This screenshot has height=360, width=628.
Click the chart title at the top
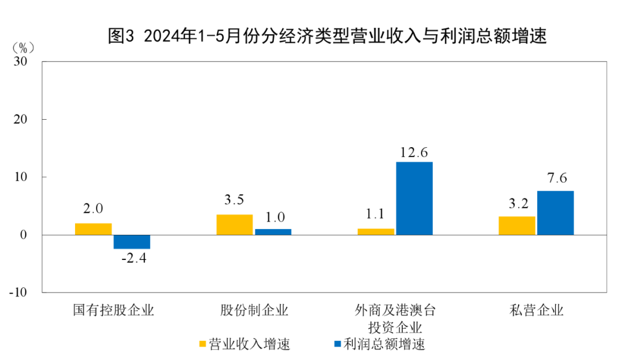pyautogui.click(x=328, y=37)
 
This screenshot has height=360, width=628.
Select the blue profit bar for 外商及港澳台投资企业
pyautogui.click(x=414, y=198)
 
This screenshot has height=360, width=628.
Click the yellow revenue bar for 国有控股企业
pyautogui.click(x=93, y=229)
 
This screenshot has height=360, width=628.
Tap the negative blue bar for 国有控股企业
pyautogui.click(x=132, y=242)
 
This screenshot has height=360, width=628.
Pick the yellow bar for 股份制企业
pyautogui.click(x=234, y=224)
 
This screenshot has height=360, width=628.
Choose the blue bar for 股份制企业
pyautogui.click(x=273, y=232)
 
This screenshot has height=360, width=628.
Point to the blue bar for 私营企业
pyautogui.click(x=555, y=213)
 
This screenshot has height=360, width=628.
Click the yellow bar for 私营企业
pyautogui.click(x=517, y=226)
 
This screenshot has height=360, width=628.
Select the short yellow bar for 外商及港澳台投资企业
pyautogui.click(x=376, y=231)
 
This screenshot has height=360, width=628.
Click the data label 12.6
pyautogui.click(x=414, y=153)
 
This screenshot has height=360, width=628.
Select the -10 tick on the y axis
pyautogui.click(x=20, y=292)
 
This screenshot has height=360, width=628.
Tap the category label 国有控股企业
pyautogui.click(x=113, y=310)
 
